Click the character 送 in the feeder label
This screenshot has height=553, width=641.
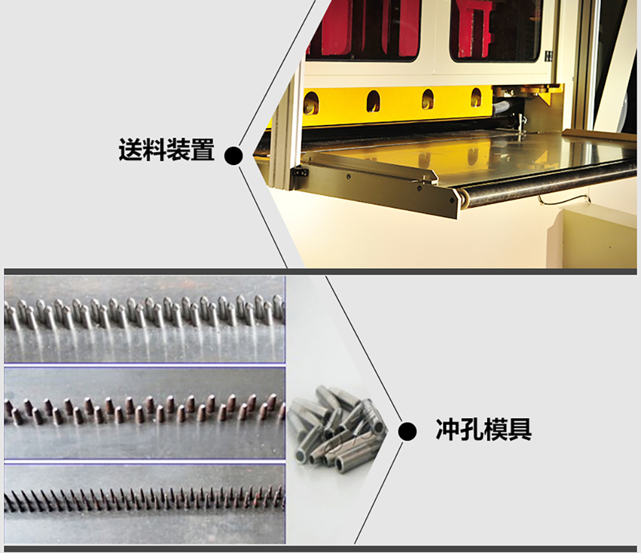[130, 150]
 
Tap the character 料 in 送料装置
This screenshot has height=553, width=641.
[155, 150]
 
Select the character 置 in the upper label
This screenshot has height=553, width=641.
[203, 150]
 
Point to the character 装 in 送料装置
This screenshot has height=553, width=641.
[179, 150]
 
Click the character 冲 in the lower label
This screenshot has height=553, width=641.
[447, 429]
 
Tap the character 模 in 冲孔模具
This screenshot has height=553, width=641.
[496, 429]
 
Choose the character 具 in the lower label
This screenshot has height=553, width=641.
[520, 429]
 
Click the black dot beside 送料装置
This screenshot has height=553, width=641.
[234, 155]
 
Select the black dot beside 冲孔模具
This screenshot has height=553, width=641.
[407, 432]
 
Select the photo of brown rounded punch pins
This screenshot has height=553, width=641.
[145, 413]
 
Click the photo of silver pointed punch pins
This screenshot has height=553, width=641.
[145, 319]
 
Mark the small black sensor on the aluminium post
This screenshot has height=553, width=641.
[302, 174]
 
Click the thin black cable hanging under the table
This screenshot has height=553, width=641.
[564, 199]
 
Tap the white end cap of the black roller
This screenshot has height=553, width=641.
[463, 200]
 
